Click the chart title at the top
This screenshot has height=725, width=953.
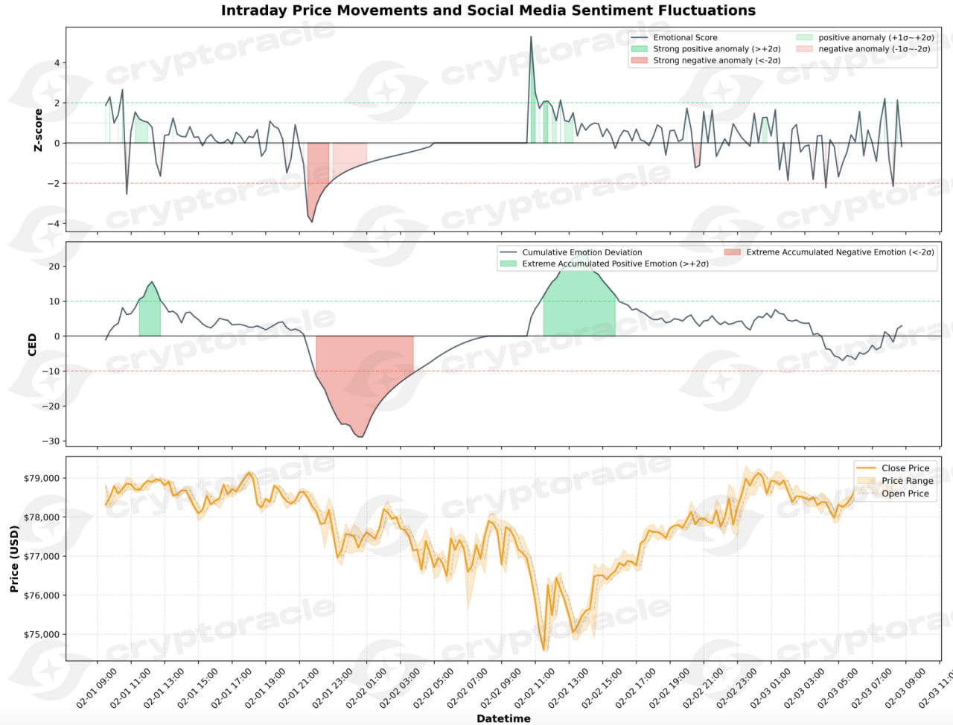click(x=488, y=10)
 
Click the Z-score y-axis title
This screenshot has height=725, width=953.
click(x=38, y=130)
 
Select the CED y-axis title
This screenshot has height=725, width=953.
click(x=32, y=344)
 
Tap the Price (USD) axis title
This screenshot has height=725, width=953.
click(x=14, y=558)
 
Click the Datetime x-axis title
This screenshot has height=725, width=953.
click(x=503, y=718)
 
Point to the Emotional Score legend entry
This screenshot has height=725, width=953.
click(x=685, y=37)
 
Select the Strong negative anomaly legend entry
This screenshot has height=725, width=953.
click(x=716, y=60)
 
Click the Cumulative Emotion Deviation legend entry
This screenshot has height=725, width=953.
click(x=581, y=252)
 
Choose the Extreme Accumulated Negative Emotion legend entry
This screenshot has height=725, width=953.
click(x=839, y=252)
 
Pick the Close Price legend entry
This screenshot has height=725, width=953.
click(x=905, y=468)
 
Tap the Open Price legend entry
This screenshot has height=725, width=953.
click(x=905, y=494)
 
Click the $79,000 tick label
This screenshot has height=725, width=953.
click(x=42, y=479)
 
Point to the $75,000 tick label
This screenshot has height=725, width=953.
click(x=42, y=635)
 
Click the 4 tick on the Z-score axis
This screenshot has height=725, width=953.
click(x=57, y=63)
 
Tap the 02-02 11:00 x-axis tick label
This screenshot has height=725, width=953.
click(x=534, y=688)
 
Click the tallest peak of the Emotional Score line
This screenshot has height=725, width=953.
click(x=531, y=36)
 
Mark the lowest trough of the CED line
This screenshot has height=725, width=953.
click(x=361, y=437)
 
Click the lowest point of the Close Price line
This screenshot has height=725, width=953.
click(x=544, y=650)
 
